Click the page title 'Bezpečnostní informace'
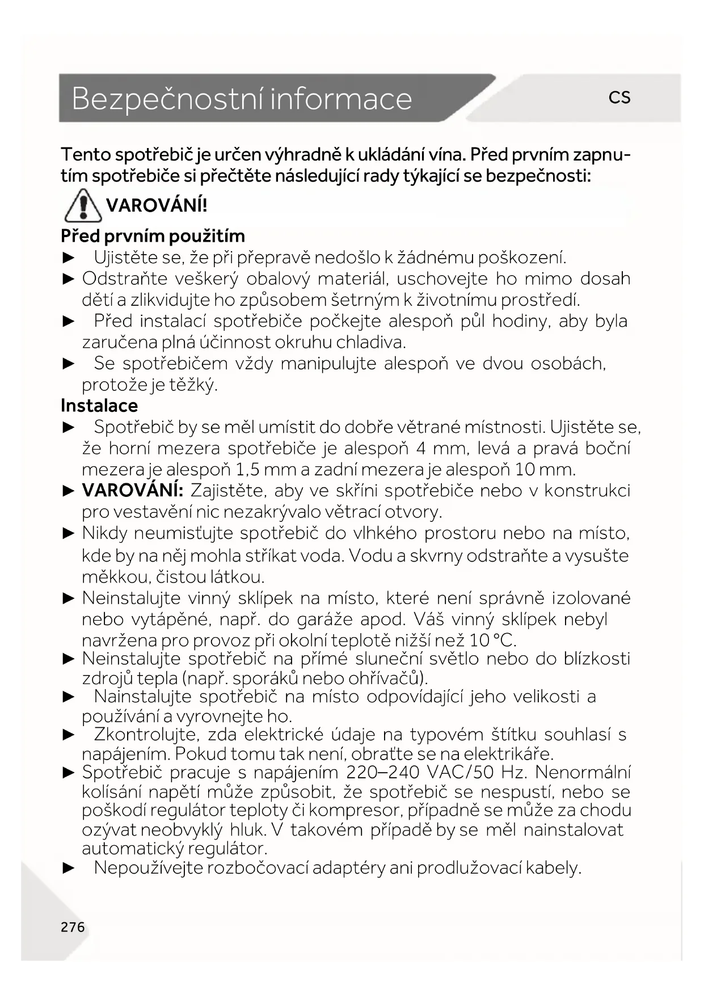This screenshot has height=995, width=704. click(x=242, y=99)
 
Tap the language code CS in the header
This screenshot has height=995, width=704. click(x=619, y=98)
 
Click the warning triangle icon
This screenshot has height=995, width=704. click(x=83, y=205)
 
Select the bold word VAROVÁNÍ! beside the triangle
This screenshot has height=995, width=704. click(x=157, y=205)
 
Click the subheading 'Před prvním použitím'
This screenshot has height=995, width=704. click(x=153, y=235)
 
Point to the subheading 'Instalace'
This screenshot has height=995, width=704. click(x=99, y=406)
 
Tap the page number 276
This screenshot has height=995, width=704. click(x=73, y=927)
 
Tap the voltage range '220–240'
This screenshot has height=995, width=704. click(x=383, y=772)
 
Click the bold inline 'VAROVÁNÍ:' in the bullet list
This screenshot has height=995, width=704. click(x=132, y=490)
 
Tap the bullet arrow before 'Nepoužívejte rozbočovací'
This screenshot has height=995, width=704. click(x=69, y=868)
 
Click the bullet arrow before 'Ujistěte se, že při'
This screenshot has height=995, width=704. click(x=69, y=258)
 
